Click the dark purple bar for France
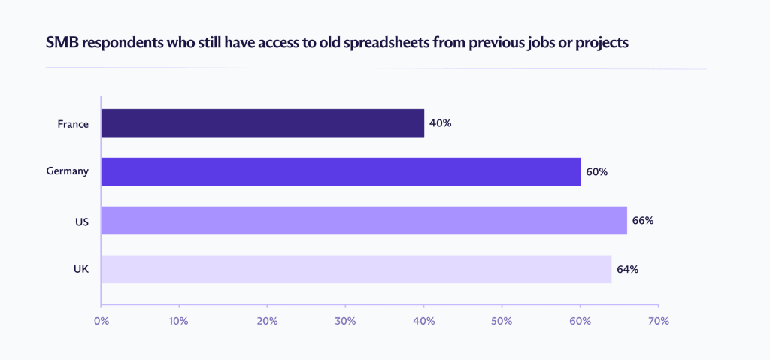pyautogui.click(x=262, y=123)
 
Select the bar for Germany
pyautogui.click(x=341, y=171)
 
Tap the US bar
pyautogui.click(x=364, y=220)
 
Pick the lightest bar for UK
pyautogui.click(x=356, y=269)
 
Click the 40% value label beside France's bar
pyautogui.click(x=440, y=123)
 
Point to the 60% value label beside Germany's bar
pyautogui.click(x=596, y=171)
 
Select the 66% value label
pyautogui.click(x=643, y=220)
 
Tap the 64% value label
pyautogui.click(x=627, y=269)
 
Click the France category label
pyautogui.click(x=73, y=123)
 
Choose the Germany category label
pyautogui.click(x=68, y=171)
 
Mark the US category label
pyautogui.click(x=81, y=220)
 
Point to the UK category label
pyautogui.click(x=81, y=269)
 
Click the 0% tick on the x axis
pyautogui.click(x=101, y=321)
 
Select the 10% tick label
pyautogui.click(x=178, y=321)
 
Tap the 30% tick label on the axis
pyautogui.click(x=344, y=321)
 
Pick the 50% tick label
pyautogui.click(x=502, y=321)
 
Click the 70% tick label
pyautogui.click(x=658, y=321)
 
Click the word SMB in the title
pyautogui.click(x=62, y=42)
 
